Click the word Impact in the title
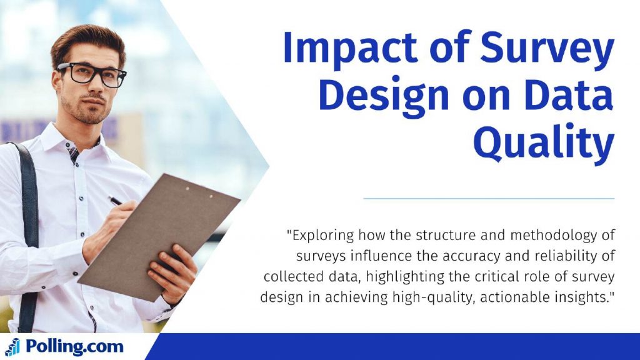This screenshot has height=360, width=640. point(350,47)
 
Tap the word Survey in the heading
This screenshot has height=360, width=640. point(547,47)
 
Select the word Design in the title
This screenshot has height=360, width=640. point(384,96)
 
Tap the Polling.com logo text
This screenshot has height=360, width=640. point(74,346)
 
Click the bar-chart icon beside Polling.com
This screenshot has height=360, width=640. point(12,347)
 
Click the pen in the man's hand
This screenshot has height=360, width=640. point(116,201)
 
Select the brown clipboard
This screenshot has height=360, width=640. point(159,237)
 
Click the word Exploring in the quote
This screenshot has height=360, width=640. point(321,236)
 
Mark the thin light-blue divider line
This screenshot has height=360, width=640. point(489,199)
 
